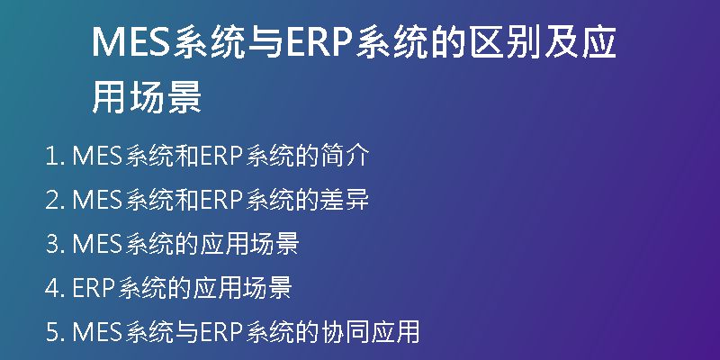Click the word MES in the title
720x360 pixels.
point(131,42)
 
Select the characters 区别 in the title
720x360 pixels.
point(505,42)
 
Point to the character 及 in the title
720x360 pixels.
point(561,42)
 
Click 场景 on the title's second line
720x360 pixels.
point(166,98)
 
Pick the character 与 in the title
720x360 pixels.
point(265,42)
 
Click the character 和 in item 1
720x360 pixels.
point(187,156)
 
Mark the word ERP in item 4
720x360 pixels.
point(94,287)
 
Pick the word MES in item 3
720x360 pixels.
point(97,243)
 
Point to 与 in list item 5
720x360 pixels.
point(187,330)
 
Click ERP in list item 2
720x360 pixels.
point(221,200)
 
